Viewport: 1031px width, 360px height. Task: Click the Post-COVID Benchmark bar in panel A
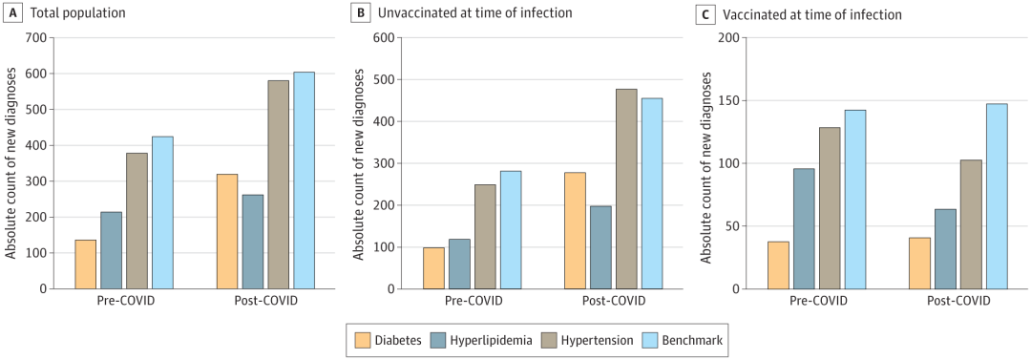(x=304, y=180)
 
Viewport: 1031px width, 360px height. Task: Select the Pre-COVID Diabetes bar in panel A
(x=86, y=265)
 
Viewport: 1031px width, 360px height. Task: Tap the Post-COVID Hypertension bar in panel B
(x=626, y=189)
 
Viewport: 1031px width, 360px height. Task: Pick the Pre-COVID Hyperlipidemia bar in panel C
(x=804, y=229)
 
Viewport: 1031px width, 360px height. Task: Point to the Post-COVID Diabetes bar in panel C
(x=919, y=264)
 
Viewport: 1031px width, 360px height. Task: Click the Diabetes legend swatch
(x=363, y=340)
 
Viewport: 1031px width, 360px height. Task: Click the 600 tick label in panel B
(x=384, y=37)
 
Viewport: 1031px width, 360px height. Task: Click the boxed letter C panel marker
(x=705, y=13)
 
